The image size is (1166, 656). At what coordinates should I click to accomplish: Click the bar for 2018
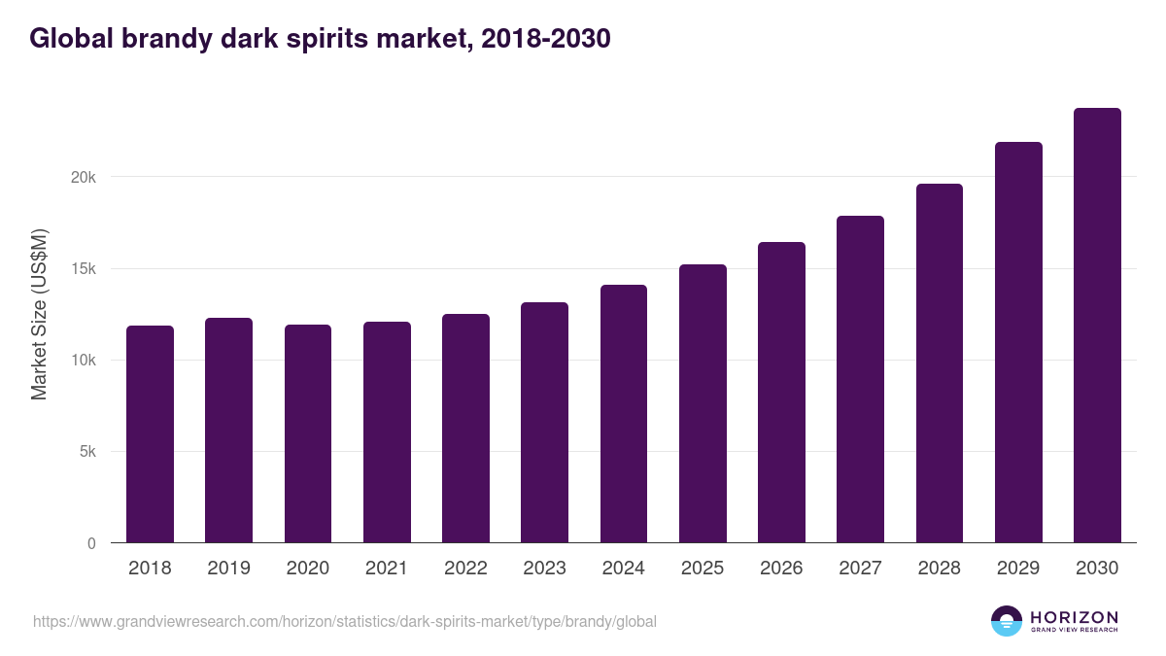[x=150, y=434]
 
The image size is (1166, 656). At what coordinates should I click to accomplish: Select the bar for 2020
[x=308, y=434]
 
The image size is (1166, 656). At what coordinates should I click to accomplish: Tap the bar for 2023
[x=544, y=423]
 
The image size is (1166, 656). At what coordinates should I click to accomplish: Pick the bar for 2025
[x=703, y=403]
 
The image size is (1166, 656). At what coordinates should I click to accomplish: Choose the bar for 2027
[x=860, y=379]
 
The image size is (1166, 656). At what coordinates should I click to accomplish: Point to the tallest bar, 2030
[x=1097, y=326]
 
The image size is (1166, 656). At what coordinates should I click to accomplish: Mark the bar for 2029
[x=1018, y=342]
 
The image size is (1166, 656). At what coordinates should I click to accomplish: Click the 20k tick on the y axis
[x=84, y=177]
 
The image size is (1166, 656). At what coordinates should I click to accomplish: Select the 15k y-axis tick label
[x=84, y=269]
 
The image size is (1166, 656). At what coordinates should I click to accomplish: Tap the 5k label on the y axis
[x=87, y=452]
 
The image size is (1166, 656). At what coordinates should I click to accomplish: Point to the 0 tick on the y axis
[x=91, y=543]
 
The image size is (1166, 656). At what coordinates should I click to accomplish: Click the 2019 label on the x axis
[x=228, y=569]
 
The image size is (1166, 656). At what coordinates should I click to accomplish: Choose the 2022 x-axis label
[x=465, y=569]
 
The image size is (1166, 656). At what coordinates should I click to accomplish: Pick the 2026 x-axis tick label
[x=781, y=569]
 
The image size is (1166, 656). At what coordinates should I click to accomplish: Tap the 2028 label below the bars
[x=940, y=569]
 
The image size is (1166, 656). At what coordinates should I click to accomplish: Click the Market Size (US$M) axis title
[x=39, y=314]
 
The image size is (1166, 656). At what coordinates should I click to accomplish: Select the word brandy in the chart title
[x=149, y=38]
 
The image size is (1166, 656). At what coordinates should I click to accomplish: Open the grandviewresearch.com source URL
[x=345, y=621]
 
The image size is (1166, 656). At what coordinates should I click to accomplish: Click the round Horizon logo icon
[x=1007, y=621]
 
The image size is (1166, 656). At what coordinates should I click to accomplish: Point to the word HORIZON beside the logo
[x=1074, y=616]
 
